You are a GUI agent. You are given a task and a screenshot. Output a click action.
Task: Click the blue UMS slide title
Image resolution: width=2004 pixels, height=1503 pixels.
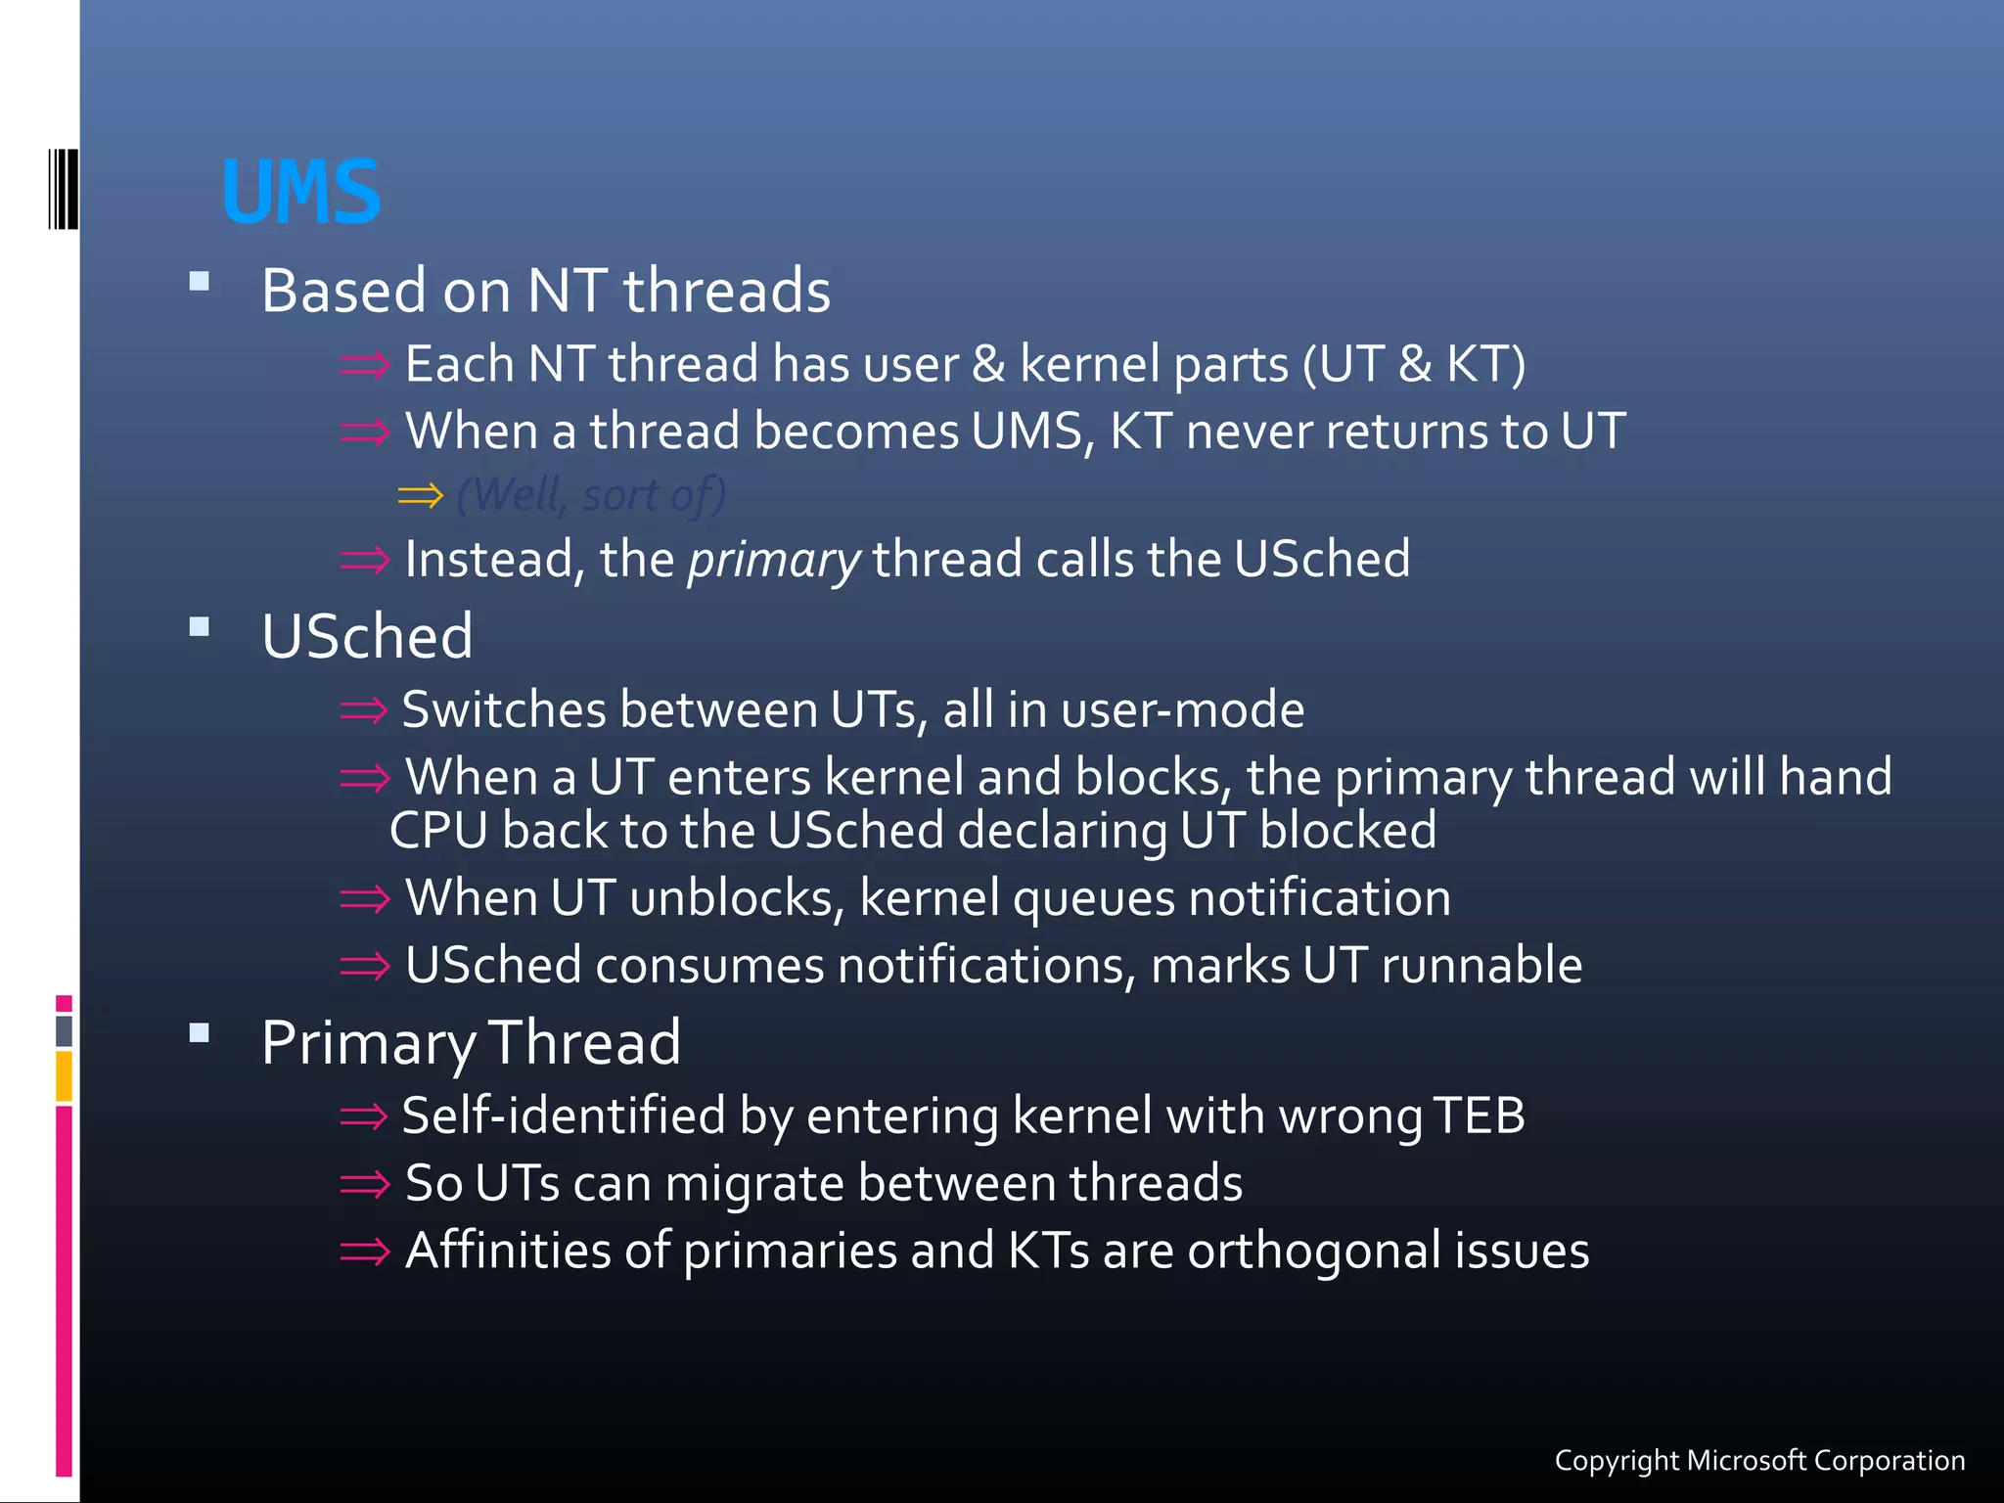click(301, 193)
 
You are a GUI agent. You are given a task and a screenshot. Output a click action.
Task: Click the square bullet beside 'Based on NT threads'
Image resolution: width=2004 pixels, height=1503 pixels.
click(200, 282)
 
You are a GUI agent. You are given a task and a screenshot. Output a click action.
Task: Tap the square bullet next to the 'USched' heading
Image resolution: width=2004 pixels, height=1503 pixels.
click(200, 626)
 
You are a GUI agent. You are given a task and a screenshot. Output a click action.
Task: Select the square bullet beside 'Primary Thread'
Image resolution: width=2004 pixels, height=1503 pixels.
click(200, 1032)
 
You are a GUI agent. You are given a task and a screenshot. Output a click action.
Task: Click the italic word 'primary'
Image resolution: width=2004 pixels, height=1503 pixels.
click(773, 561)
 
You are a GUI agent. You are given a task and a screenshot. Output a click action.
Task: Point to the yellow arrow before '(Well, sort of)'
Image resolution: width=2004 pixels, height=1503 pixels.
click(421, 496)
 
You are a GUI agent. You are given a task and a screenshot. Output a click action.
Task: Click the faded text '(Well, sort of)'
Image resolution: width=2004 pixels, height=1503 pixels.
click(591, 495)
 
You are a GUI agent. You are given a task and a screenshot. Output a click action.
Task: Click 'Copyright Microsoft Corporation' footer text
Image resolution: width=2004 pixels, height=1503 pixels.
click(1759, 1460)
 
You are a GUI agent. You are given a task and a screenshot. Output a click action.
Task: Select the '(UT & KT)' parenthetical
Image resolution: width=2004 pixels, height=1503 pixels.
click(1414, 364)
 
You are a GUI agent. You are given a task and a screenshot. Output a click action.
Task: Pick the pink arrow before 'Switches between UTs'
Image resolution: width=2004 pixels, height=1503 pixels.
click(364, 710)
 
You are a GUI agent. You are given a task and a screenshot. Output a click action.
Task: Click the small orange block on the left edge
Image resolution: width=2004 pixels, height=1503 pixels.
click(64, 1075)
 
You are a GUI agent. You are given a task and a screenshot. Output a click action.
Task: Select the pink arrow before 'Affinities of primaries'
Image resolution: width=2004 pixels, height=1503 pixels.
click(364, 1252)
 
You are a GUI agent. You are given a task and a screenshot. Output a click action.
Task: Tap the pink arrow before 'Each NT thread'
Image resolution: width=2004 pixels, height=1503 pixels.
click(364, 366)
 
